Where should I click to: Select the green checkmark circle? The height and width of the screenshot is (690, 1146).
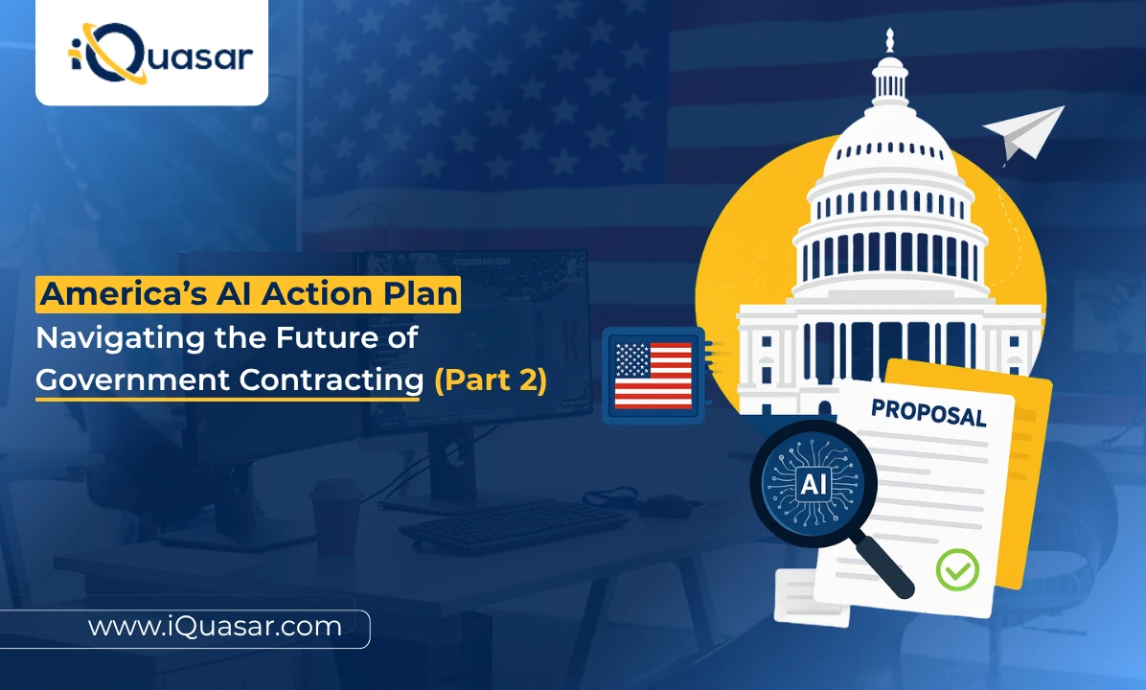[x=956, y=568]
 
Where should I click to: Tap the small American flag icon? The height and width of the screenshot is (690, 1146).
[x=653, y=375]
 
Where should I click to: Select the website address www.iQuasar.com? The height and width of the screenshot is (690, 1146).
[x=215, y=627]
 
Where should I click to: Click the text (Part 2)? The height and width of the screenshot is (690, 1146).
[x=490, y=380]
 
